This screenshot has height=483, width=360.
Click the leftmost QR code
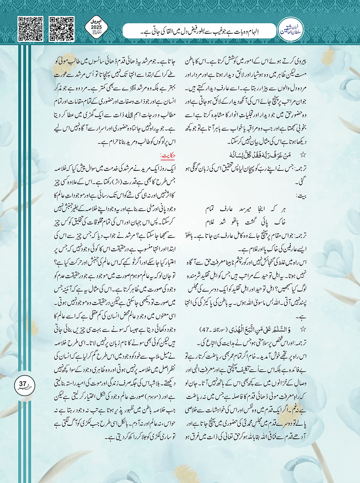30,29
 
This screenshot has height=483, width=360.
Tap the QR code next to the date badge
62,29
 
